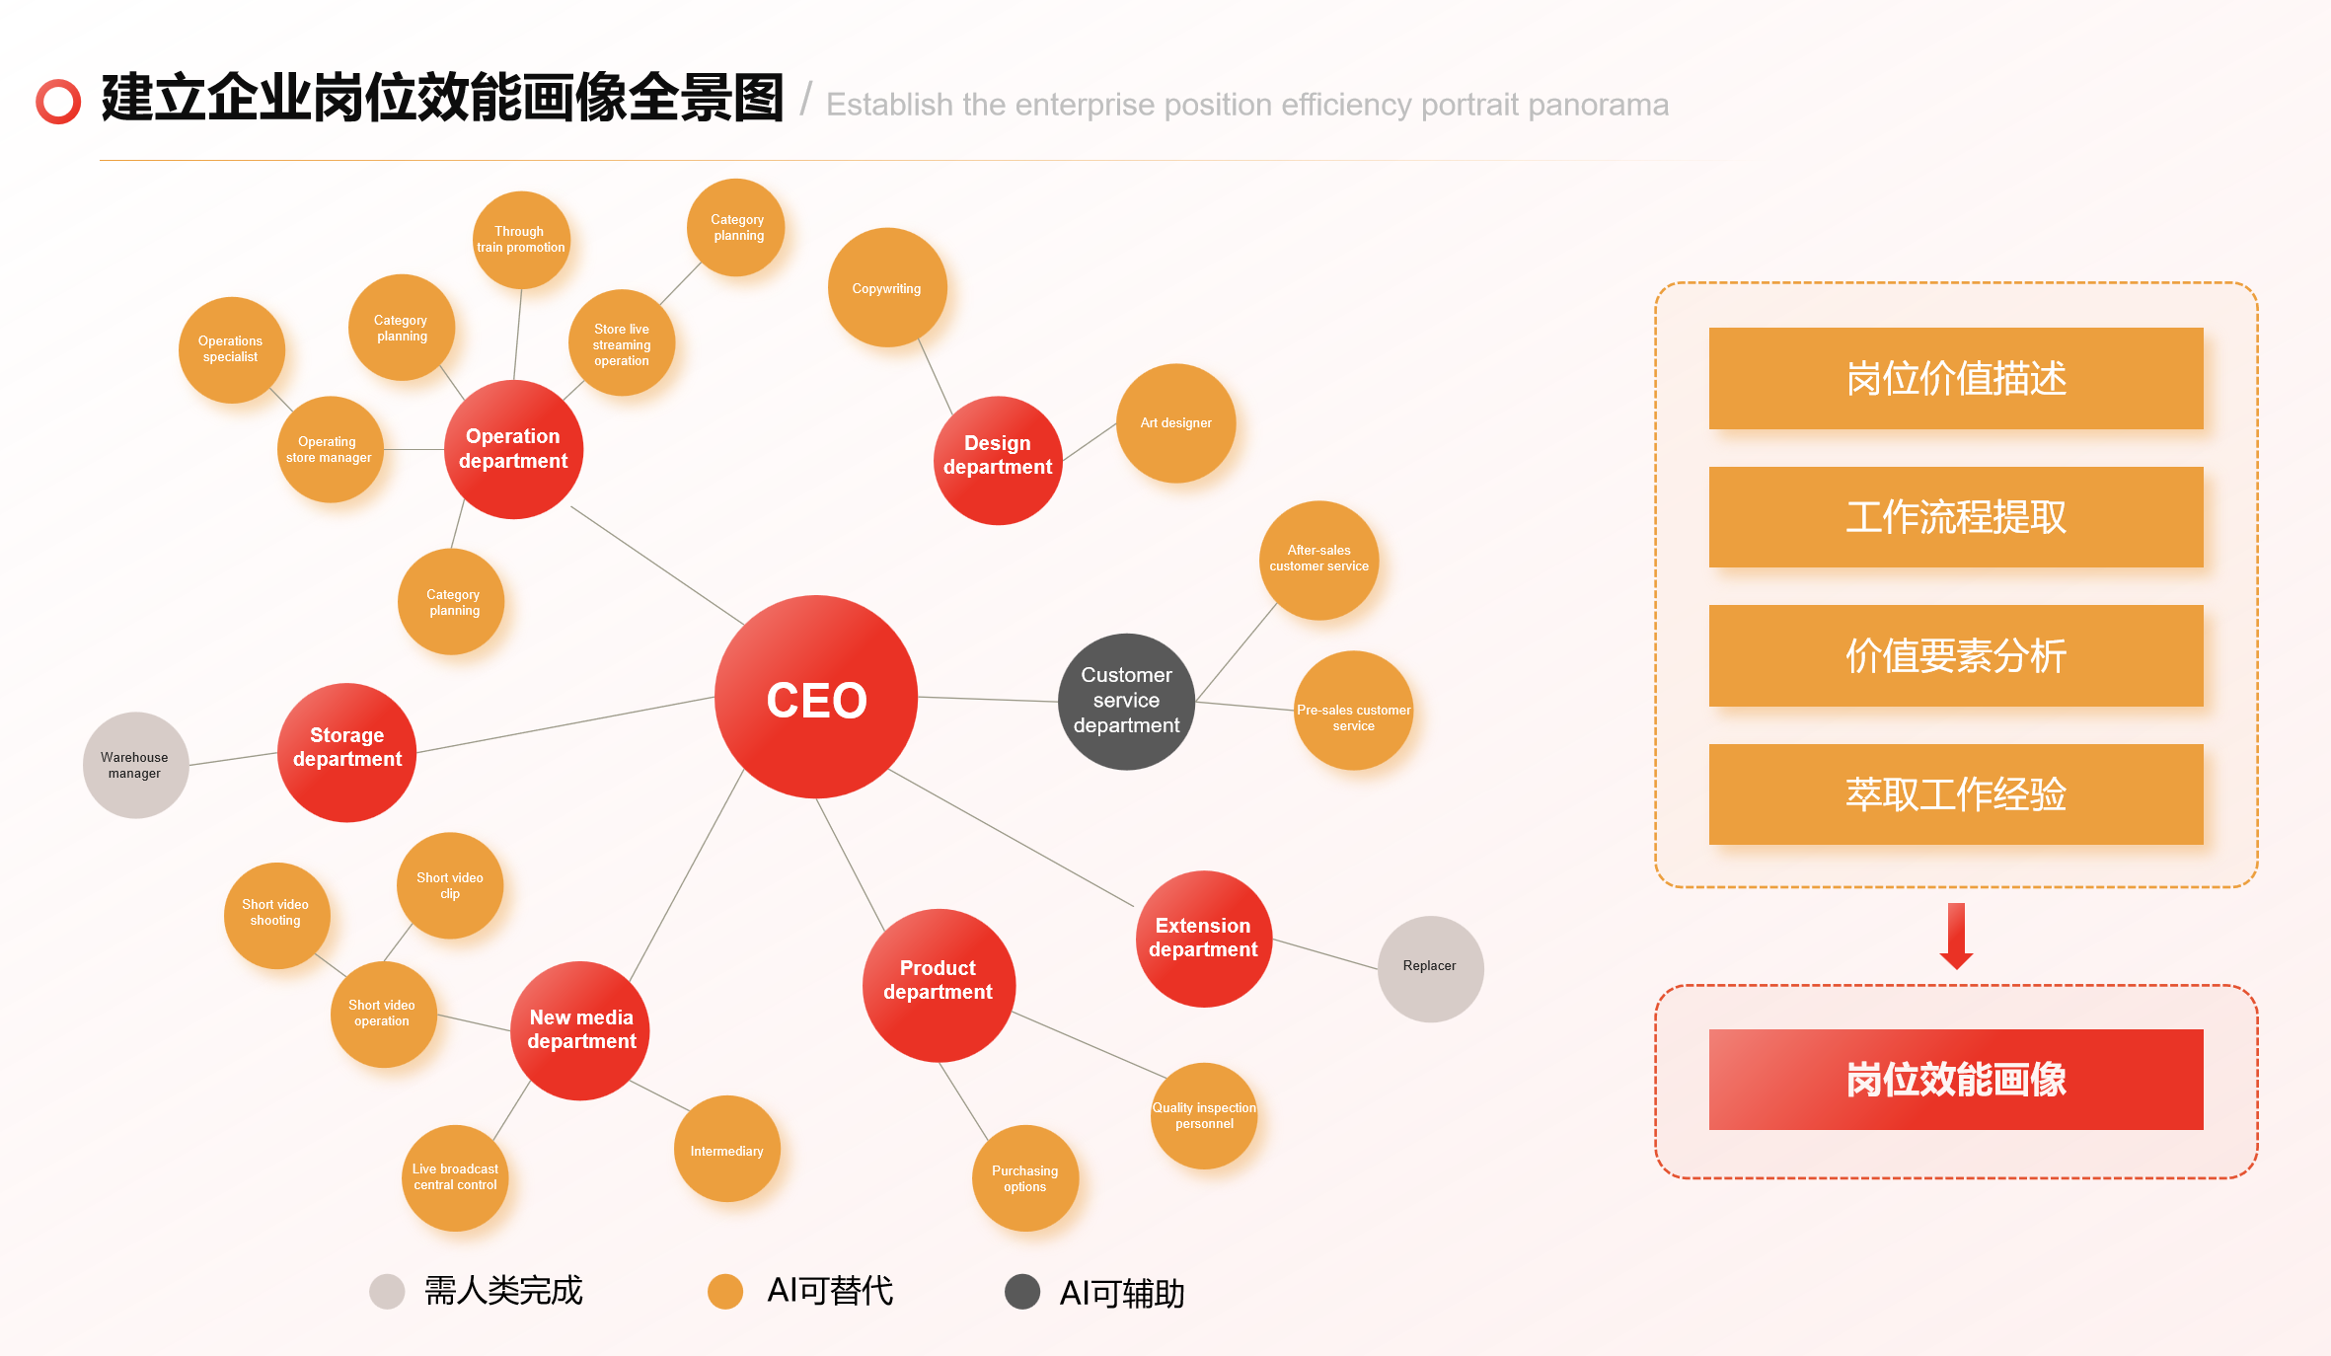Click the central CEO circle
tap(816, 698)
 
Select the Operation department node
tap(513, 449)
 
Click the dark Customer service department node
tap(1126, 701)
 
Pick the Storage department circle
tap(347, 752)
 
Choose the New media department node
tap(580, 1030)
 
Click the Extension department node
tap(1203, 939)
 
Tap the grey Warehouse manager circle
tap(135, 765)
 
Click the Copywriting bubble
tap(887, 288)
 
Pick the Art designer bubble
tap(1175, 423)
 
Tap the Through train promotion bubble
tap(521, 240)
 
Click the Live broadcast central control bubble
tap(455, 1177)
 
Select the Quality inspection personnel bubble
tap(1204, 1116)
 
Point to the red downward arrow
tap(1956, 936)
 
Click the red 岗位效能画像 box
tap(1956, 1080)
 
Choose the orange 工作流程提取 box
tap(1956, 517)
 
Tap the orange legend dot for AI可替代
tap(725, 1291)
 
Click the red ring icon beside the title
tap(58, 101)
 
